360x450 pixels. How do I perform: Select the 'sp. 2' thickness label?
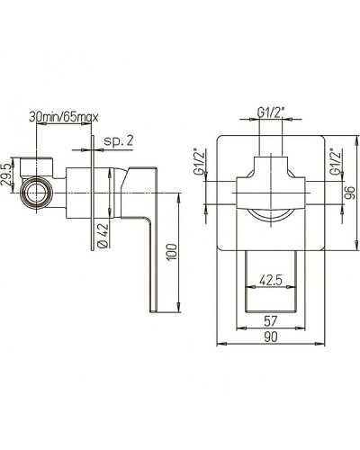[119, 140]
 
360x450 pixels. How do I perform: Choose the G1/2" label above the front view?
[270, 112]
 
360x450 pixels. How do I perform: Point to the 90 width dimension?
[270, 337]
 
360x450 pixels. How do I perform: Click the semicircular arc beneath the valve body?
[270, 215]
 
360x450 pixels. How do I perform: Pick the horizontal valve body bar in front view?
[270, 194]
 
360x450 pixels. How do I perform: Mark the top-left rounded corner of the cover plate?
[222, 140]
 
